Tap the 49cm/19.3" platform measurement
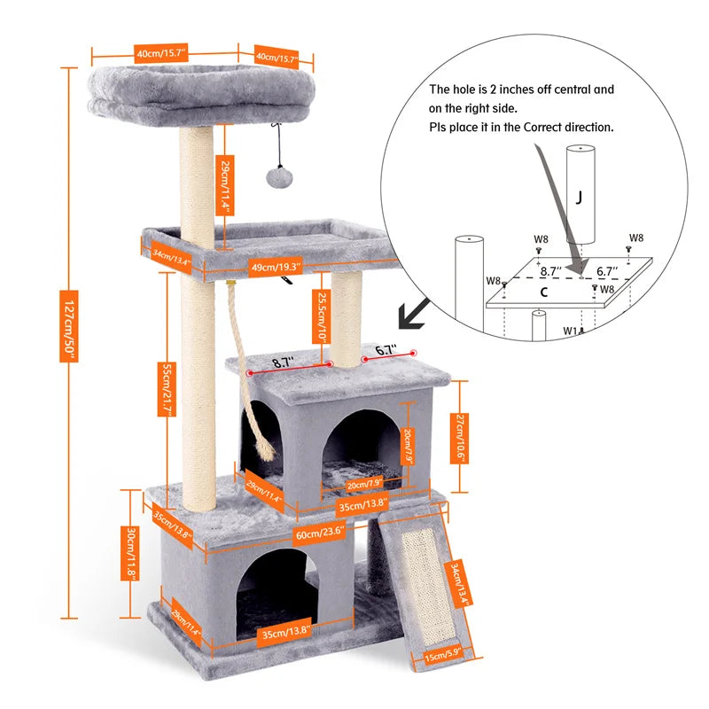275,265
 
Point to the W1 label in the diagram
572,331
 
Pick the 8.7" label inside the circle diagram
551,273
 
